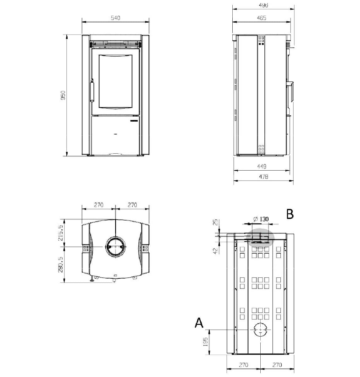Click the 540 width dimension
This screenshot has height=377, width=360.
click(x=115, y=18)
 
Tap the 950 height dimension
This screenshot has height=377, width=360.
click(x=63, y=95)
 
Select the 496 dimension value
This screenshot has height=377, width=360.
click(x=263, y=5)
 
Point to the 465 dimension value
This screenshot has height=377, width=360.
click(x=262, y=18)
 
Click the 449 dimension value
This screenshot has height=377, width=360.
click(x=262, y=166)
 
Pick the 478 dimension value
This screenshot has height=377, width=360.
click(x=263, y=177)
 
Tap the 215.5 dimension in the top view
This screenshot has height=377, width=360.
click(x=60, y=232)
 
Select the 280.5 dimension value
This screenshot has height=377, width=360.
click(x=60, y=265)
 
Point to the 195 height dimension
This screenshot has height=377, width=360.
click(x=205, y=342)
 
